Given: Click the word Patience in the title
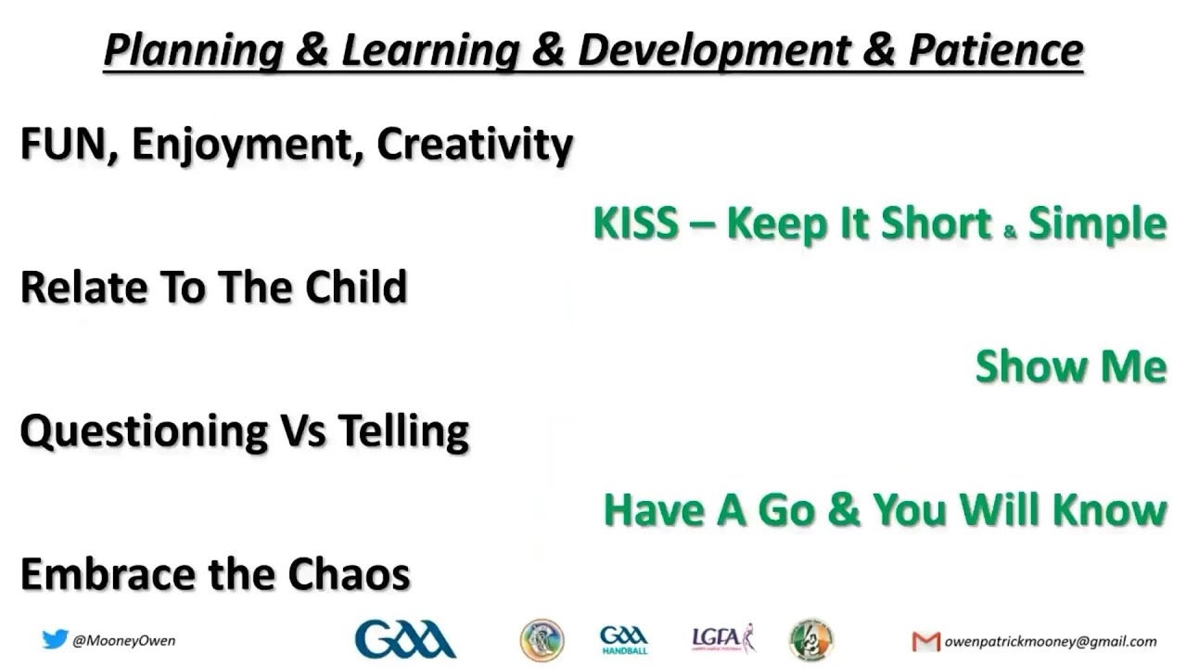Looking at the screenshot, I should [996, 50].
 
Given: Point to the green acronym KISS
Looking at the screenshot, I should [635, 224].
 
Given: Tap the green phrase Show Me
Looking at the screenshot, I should [1070, 366].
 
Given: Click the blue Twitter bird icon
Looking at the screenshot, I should [55, 639].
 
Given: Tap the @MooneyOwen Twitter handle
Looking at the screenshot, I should [123, 640].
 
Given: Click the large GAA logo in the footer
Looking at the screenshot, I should [404, 639].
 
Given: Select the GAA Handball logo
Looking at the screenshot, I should [623, 640].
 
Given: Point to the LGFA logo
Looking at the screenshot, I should [723, 639].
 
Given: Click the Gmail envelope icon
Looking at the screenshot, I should [925, 641].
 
